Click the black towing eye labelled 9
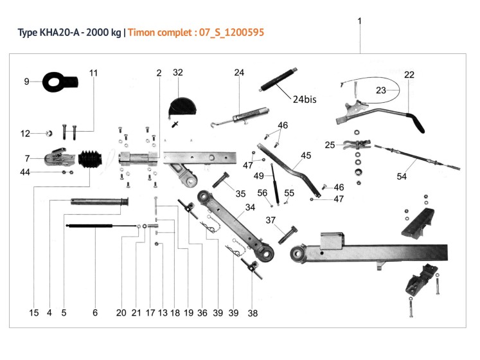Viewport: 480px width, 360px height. coord(58,82)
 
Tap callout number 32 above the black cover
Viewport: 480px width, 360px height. coord(178,73)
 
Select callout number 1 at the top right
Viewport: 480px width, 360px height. coord(360,21)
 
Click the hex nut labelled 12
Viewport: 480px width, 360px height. coord(48,134)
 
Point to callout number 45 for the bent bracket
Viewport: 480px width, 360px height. coord(305,156)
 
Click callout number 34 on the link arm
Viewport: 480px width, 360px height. coord(249,208)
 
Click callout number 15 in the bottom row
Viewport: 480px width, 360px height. coord(34,313)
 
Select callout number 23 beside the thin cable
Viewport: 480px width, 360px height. coord(381,91)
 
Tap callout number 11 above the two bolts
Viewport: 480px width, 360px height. coord(94,73)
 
